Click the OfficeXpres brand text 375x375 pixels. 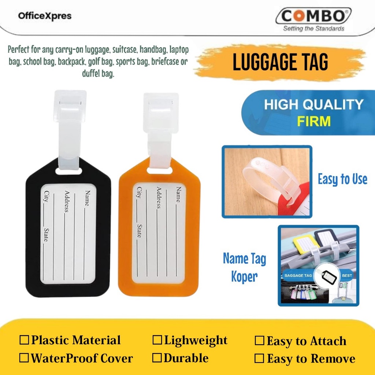(44, 16)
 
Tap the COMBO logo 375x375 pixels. (313, 17)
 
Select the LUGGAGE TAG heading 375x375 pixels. (281, 62)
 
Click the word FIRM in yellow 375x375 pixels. (314, 121)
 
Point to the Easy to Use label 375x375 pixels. (342, 179)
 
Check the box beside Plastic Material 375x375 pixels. (24, 340)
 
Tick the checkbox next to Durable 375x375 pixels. (157, 358)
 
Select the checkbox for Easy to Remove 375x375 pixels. (260, 359)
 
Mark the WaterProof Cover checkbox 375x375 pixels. (24, 358)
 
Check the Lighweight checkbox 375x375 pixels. (157, 340)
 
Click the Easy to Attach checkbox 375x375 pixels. (260, 341)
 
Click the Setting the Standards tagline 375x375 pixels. (313, 29)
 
